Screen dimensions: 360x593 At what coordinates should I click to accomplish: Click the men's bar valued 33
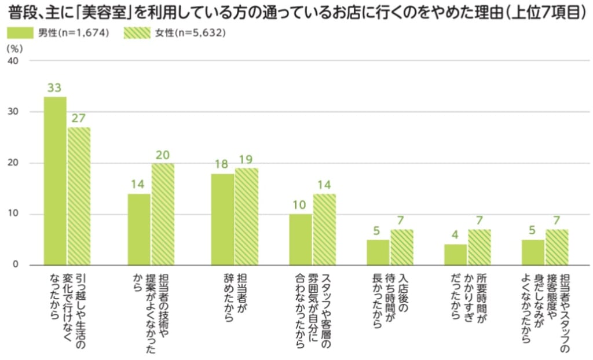pos(56,181)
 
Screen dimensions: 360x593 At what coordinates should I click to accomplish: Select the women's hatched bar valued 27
pos(79,196)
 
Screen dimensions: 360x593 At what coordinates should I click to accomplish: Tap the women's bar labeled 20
pos(162,214)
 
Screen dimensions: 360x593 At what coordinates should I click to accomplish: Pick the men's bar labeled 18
pos(222,219)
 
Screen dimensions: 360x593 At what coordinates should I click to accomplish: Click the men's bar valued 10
pos(301,240)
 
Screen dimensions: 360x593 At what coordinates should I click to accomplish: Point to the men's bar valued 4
pos(456,255)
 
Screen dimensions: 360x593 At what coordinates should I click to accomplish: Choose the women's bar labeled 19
pos(246,216)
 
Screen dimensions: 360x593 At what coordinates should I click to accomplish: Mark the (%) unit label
pos(14,49)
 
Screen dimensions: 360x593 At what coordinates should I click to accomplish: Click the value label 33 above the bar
pos(55,88)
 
